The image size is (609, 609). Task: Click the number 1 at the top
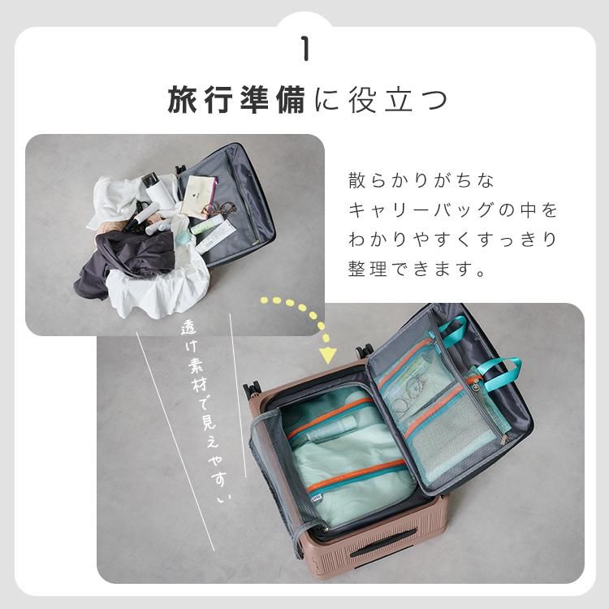point(306,49)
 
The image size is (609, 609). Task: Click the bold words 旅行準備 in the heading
point(236,100)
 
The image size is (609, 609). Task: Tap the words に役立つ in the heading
point(381,100)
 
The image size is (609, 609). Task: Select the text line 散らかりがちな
point(421,180)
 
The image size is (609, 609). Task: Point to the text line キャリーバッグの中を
point(453,210)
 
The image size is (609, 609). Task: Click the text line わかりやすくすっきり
point(453,240)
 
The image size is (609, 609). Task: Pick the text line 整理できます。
point(417,269)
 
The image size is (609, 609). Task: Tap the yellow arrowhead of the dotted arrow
point(327,355)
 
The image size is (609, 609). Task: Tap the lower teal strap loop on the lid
point(501,372)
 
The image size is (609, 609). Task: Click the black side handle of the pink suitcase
point(382,542)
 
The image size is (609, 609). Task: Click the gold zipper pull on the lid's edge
point(503,440)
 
